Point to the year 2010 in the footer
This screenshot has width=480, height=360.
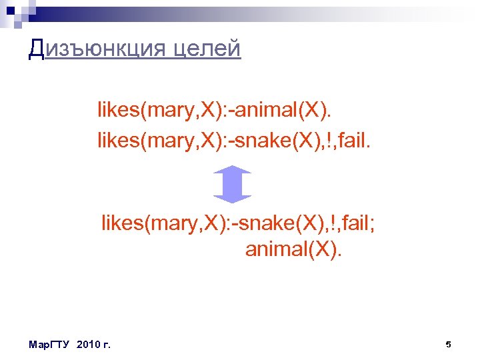[89, 345]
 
